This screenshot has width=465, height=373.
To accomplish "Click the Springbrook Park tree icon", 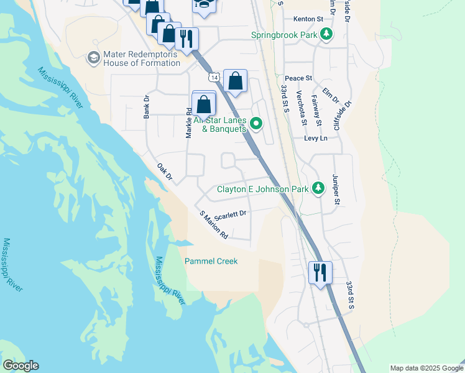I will pyautogui.click(x=326, y=35).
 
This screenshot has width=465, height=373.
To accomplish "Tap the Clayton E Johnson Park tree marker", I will pyautogui.click(x=318, y=188).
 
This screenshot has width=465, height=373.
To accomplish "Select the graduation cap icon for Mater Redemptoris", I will pyautogui.click(x=94, y=58).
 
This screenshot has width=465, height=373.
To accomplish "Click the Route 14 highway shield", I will pyautogui.click(x=214, y=76).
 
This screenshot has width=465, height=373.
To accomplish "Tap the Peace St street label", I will pyautogui.click(x=298, y=78).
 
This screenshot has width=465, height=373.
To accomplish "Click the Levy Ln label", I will pyautogui.click(x=315, y=138).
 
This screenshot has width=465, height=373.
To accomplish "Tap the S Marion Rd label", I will pyautogui.click(x=213, y=225).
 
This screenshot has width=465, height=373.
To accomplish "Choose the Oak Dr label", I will pyautogui.click(x=164, y=173).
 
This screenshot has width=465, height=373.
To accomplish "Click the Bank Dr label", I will pyautogui.click(x=147, y=107).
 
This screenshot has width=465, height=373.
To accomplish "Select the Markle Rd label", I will pyautogui.click(x=188, y=122).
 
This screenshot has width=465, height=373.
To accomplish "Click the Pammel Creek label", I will pyautogui.click(x=211, y=261).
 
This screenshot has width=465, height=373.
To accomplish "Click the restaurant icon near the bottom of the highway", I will pyautogui.click(x=320, y=272).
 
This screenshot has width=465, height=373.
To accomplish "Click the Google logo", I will pyautogui.click(x=21, y=366).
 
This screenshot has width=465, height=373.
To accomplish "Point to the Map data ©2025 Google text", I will pyautogui.click(x=426, y=368).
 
